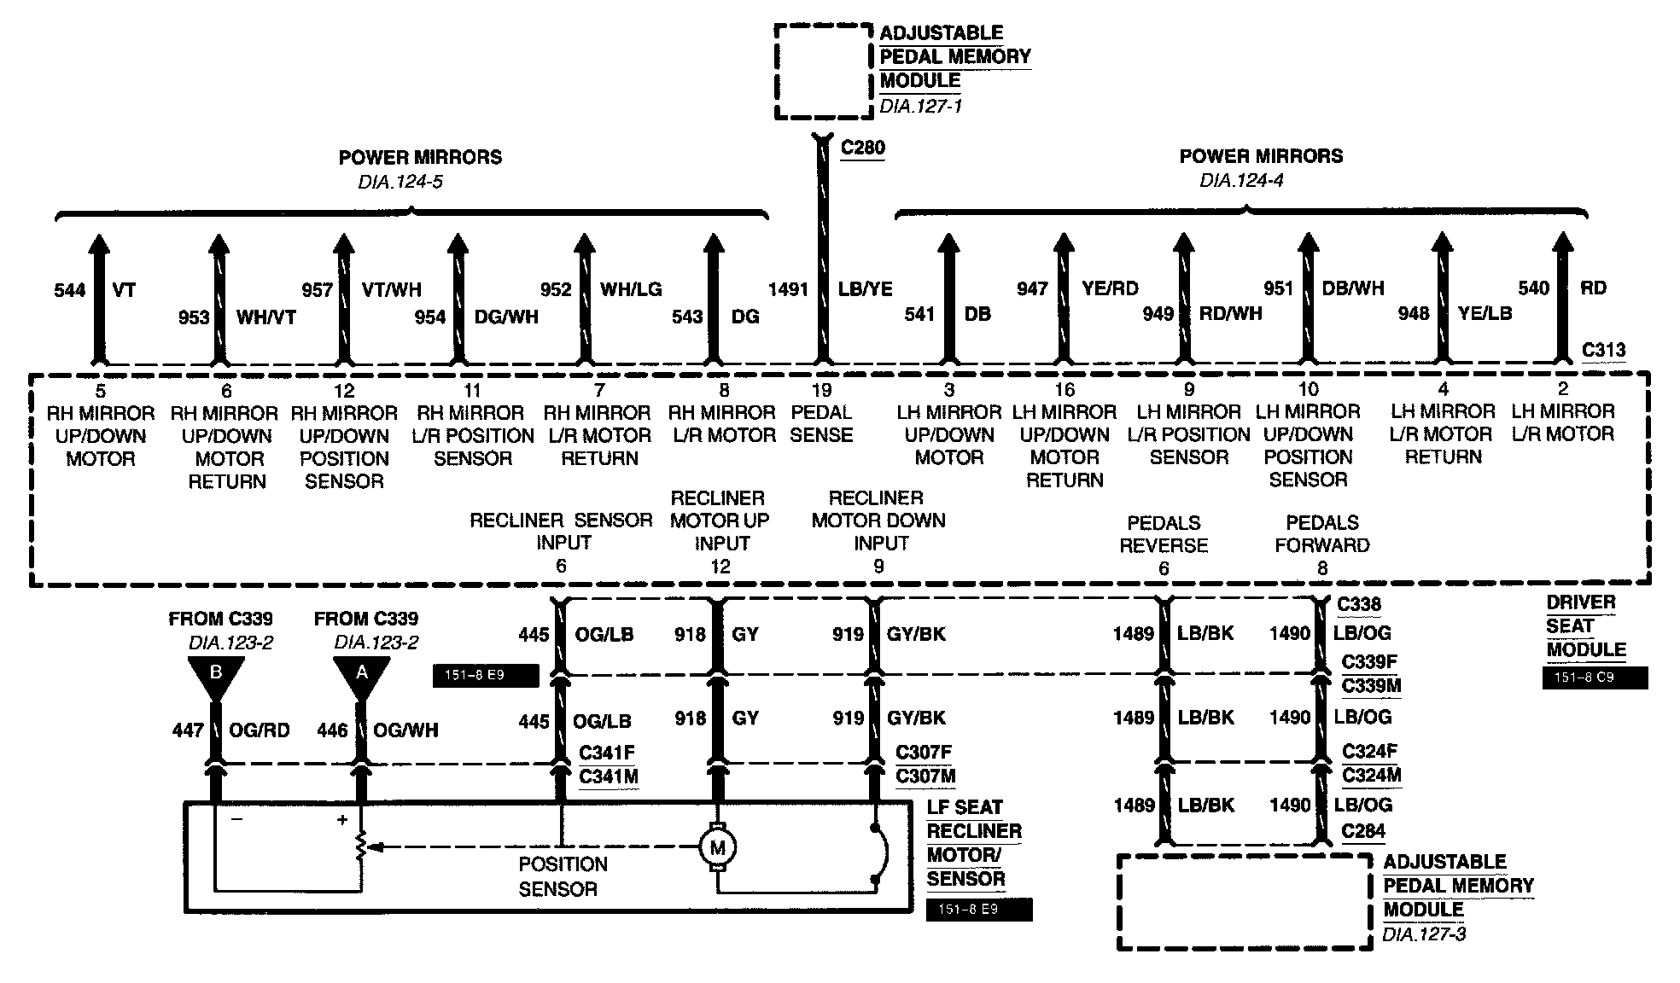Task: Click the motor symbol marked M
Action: coord(718,846)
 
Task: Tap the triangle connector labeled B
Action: coord(215,675)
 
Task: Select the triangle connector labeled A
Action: coord(361,675)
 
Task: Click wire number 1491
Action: coord(787,289)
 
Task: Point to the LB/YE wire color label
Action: coord(865,289)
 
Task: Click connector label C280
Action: coord(862,148)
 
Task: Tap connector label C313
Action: coord(1603,350)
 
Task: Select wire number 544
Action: coord(69,290)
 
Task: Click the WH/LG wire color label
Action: coord(631,289)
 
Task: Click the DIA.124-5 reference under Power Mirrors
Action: coord(400,182)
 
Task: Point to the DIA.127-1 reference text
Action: coord(920,108)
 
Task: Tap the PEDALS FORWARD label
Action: coord(1322,534)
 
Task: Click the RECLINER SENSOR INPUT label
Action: coord(561,531)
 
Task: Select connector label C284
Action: coord(1362,831)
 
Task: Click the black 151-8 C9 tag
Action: coord(1595,678)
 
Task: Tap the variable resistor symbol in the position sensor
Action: coord(361,846)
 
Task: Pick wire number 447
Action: coord(188,730)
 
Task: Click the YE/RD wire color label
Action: coord(1110,288)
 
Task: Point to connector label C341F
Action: coord(607,753)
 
